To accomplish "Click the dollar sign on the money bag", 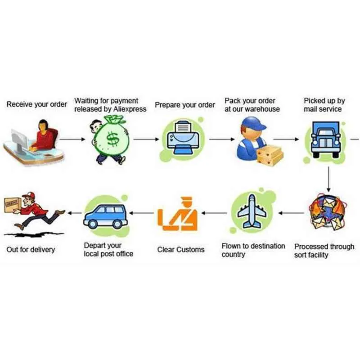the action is point(113,139).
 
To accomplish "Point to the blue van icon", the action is point(106,217).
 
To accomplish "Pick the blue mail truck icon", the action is point(325,139).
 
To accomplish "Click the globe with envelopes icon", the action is point(328,212).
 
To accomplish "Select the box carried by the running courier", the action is point(13,205).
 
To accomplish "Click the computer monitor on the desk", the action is point(20,140).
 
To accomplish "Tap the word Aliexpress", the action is point(130,109).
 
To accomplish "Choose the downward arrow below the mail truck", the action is point(328,179).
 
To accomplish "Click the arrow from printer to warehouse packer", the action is point(222,139).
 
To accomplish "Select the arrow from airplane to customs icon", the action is point(214,213).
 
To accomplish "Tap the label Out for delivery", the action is point(31,250).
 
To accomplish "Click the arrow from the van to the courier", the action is point(75,213).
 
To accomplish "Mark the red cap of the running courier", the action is point(29,196).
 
